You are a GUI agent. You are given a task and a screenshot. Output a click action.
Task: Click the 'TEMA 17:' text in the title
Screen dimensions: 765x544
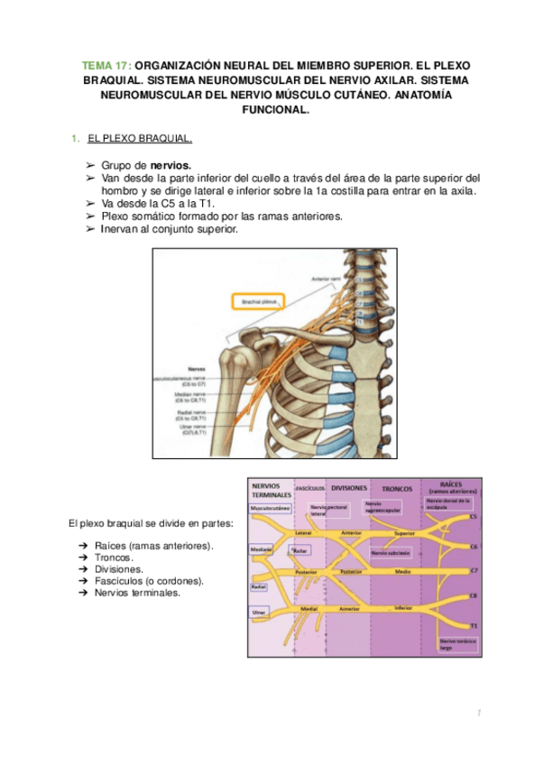(106, 67)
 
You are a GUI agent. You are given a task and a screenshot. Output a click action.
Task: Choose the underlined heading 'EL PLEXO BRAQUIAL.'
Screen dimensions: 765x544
(140, 140)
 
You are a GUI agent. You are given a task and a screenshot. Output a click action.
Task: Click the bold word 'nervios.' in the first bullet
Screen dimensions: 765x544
(171, 166)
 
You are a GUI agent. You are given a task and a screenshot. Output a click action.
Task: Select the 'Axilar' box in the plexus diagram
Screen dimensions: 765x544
(301, 549)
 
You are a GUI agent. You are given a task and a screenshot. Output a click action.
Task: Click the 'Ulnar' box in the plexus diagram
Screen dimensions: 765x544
(258, 613)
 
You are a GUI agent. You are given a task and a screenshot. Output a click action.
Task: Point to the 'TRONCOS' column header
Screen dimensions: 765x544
(391, 488)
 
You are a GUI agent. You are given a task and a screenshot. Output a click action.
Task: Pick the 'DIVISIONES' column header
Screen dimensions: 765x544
(348, 488)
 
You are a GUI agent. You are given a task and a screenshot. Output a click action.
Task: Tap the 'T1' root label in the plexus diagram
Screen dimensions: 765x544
(474, 625)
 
